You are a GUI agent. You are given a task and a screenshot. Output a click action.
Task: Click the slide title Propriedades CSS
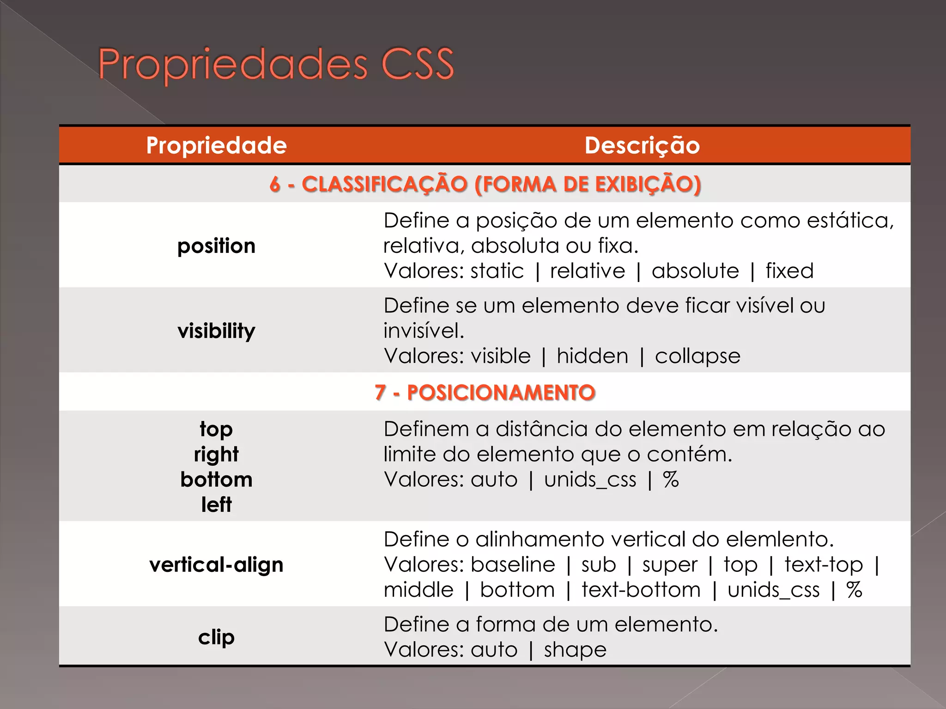point(276,65)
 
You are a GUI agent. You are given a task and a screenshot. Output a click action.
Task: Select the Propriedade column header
point(216,145)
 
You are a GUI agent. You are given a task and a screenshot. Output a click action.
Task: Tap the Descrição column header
point(642,145)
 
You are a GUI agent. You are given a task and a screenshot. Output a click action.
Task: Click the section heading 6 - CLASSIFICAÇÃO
point(485,184)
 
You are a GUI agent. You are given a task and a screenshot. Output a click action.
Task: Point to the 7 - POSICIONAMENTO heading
point(485,393)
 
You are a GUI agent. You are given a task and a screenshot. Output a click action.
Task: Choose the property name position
point(216,246)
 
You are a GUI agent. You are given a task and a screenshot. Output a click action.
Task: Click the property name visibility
point(216,331)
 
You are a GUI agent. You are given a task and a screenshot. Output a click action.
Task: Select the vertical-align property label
point(216,565)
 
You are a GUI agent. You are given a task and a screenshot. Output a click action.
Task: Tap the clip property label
point(216,637)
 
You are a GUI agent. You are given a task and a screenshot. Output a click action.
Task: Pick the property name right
point(216,455)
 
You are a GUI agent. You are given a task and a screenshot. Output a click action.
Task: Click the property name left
point(216,505)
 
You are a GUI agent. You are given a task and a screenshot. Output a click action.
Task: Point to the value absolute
point(695,271)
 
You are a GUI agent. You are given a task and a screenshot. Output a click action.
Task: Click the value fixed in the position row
point(789,271)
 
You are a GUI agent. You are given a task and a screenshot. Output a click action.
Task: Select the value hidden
point(592,356)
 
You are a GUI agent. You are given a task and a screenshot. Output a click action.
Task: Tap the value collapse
point(697,356)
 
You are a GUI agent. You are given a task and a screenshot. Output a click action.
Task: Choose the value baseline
point(513,565)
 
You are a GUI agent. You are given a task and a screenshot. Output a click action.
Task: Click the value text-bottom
point(641,590)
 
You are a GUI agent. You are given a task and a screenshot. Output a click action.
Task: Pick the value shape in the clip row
point(575,650)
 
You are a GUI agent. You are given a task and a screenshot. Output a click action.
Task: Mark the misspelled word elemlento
point(779,539)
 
